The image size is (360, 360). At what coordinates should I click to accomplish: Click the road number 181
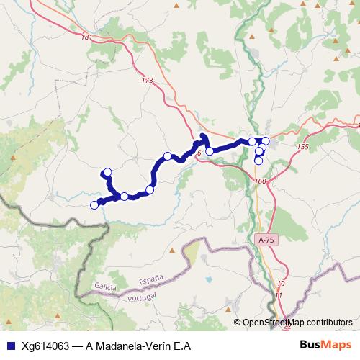pyautogui.click(x=87, y=37)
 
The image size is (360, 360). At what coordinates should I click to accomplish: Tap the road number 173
pyautogui.click(x=148, y=81)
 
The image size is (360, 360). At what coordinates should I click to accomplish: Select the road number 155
pyautogui.click(x=302, y=147)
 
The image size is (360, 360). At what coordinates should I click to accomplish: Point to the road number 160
pyautogui.click(x=260, y=181)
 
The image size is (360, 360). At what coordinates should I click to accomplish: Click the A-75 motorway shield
pyautogui.click(x=265, y=238)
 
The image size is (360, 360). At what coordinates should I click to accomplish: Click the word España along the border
pyautogui.click(x=151, y=277)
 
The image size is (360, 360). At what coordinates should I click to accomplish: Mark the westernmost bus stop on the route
pyautogui.click(x=94, y=205)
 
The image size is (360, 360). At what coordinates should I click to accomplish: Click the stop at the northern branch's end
pyautogui.click(x=107, y=172)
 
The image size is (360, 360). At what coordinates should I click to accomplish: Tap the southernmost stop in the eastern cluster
pyautogui.click(x=259, y=161)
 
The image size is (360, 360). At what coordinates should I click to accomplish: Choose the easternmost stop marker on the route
pyautogui.click(x=266, y=140)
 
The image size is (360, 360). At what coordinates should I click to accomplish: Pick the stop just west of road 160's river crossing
pyautogui.click(x=210, y=151)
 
